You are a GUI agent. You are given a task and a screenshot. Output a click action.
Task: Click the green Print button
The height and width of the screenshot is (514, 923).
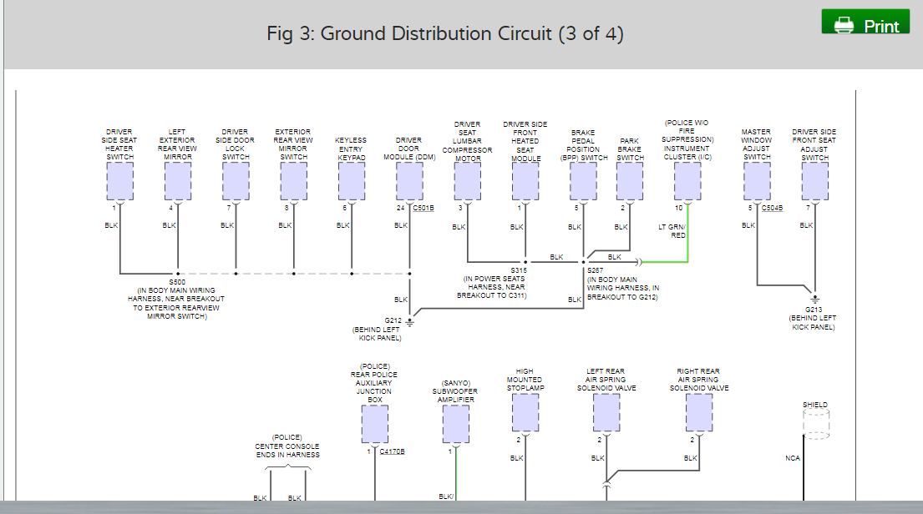[865, 24]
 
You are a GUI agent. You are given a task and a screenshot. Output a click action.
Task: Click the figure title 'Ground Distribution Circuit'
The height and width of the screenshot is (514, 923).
[445, 34]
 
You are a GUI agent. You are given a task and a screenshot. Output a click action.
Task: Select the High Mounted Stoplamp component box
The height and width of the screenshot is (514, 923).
[525, 413]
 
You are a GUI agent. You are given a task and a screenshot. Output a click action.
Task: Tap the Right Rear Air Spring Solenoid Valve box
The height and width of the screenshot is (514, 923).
[698, 413]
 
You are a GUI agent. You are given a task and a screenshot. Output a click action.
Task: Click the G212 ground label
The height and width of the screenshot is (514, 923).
[393, 320]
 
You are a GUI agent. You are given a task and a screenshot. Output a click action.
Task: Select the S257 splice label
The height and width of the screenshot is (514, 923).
[595, 270]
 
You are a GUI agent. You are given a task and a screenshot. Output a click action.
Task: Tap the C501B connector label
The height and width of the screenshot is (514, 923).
[423, 208]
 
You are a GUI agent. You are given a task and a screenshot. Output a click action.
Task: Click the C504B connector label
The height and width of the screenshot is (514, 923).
[773, 208]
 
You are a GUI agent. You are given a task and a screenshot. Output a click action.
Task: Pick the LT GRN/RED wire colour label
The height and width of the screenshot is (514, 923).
[672, 230]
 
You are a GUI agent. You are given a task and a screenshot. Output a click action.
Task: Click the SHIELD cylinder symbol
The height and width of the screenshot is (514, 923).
[815, 424]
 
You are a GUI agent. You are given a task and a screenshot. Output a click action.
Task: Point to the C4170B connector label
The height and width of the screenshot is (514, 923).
[392, 451]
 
